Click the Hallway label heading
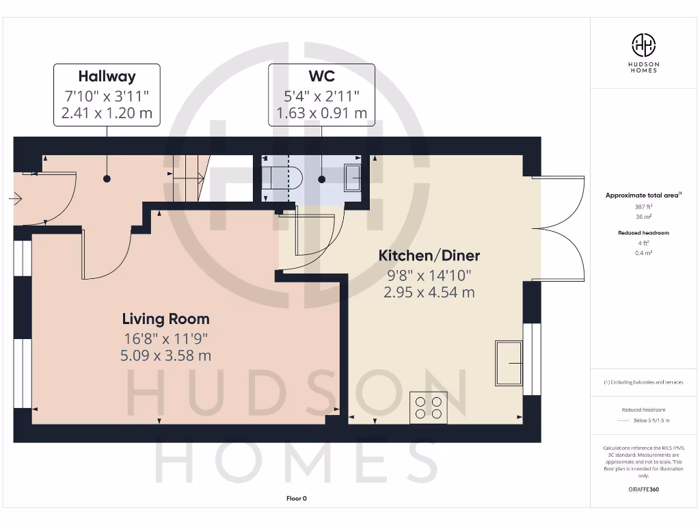pyautogui.click(x=107, y=77)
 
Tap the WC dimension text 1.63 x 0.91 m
pyautogui.click(x=321, y=113)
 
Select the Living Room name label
pyautogui.click(x=165, y=319)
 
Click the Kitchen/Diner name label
pyautogui.click(x=429, y=256)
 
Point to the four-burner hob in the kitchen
pyautogui.click(x=429, y=407)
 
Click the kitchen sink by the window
pyautogui.click(x=509, y=363)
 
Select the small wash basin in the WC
pyautogui.click(x=353, y=178)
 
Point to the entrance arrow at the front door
pyautogui.click(x=16, y=200)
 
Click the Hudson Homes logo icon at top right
pyautogui.click(x=643, y=46)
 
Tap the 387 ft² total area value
pyautogui.click(x=643, y=206)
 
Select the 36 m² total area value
pyautogui.click(x=643, y=217)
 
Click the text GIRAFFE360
pyautogui.click(x=643, y=489)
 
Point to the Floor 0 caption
pyautogui.click(x=296, y=498)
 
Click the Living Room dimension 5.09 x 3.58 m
pyautogui.click(x=165, y=355)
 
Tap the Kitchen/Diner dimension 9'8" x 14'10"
pyautogui.click(x=429, y=275)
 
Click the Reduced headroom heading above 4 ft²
pyautogui.click(x=643, y=233)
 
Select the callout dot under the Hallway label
pyautogui.click(x=107, y=179)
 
